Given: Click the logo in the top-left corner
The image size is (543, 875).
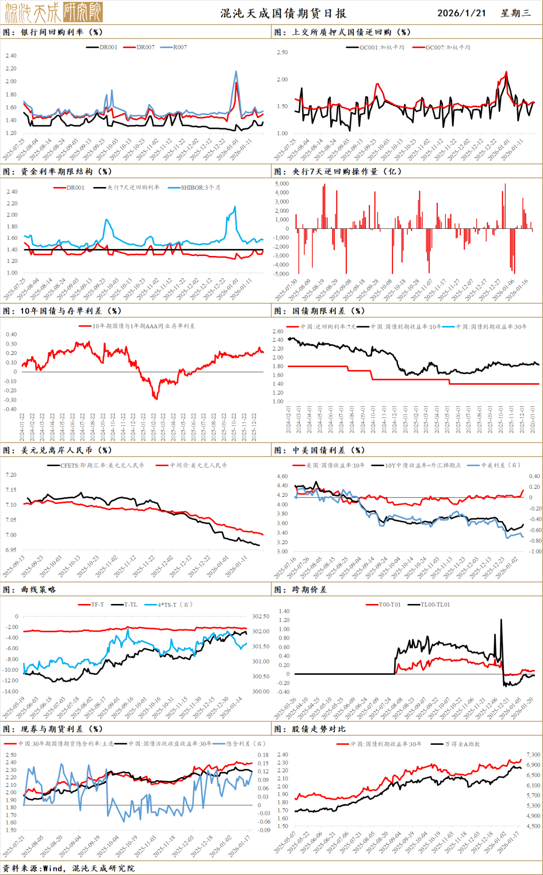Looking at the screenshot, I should (54, 12).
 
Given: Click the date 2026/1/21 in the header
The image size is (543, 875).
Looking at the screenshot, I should (462, 13).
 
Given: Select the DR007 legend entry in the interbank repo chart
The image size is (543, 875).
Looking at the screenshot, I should (145, 47).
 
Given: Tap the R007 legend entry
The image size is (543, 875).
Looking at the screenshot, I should (179, 47).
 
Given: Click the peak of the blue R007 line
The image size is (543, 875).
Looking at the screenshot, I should (236, 72).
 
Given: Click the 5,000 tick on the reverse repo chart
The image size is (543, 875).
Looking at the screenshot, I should (282, 184).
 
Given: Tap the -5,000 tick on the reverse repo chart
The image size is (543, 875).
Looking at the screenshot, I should (281, 274).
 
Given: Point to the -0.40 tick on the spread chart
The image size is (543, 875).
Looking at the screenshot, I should (11, 409).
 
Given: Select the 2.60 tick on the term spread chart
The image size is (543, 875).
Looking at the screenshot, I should (278, 331).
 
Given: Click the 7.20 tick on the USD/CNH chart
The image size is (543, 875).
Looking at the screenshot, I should (11, 475).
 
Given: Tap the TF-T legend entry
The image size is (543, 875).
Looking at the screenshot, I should (97, 604).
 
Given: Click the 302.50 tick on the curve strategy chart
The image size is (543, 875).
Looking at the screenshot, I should (260, 617).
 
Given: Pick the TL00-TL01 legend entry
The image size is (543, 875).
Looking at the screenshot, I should (435, 604).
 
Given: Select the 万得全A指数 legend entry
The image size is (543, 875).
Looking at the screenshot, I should (462, 744).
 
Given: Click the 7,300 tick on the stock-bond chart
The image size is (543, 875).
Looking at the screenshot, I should (533, 755).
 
